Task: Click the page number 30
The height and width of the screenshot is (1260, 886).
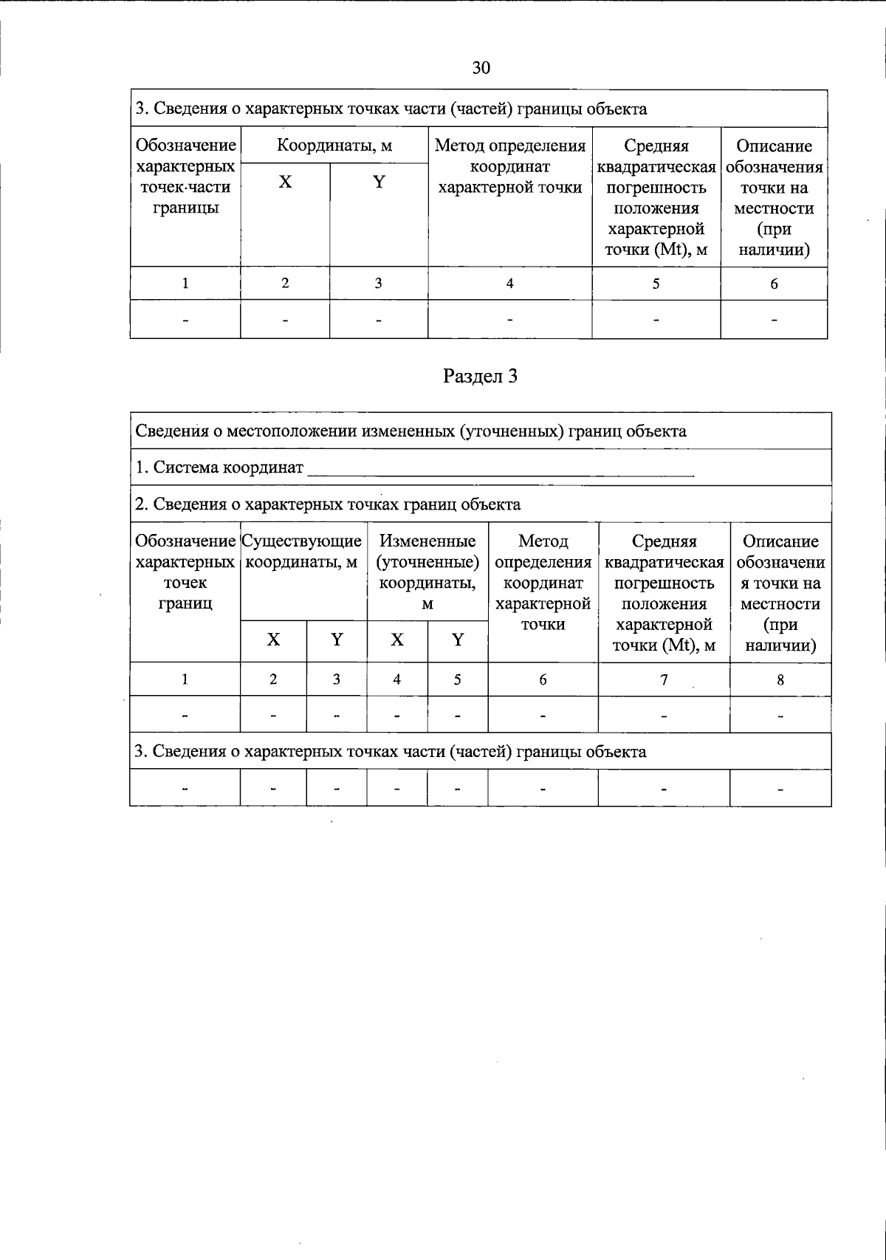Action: point(481,69)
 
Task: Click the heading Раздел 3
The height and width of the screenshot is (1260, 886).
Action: point(480,376)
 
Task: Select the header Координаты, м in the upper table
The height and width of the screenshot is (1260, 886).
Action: point(334,145)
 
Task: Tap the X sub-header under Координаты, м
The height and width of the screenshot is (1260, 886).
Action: point(285,182)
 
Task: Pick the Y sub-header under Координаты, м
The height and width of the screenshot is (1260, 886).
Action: point(379,182)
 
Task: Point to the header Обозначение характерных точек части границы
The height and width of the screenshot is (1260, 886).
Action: point(185,177)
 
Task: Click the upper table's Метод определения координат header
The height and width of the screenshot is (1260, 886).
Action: point(510,166)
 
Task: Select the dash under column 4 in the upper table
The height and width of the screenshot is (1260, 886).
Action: point(509,320)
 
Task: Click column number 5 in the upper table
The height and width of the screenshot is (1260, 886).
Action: point(656,284)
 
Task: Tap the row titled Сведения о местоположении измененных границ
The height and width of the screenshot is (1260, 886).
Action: point(411,431)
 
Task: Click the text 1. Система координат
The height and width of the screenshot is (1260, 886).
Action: point(219,468)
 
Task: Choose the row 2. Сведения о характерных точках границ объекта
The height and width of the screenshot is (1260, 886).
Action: point(328,504)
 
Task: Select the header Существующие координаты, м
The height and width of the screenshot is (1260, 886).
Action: point(302,552)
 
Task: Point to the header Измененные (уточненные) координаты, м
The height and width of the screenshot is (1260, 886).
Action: point(427,572)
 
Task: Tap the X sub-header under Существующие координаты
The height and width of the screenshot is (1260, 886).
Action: point(273,640)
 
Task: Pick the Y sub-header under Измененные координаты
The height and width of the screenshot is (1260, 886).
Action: point(458,640)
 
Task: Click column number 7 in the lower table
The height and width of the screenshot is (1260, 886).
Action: point(664,679)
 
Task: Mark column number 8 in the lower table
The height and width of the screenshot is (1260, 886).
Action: point(780,679)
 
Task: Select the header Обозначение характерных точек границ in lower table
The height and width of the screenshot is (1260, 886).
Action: point(185,572)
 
